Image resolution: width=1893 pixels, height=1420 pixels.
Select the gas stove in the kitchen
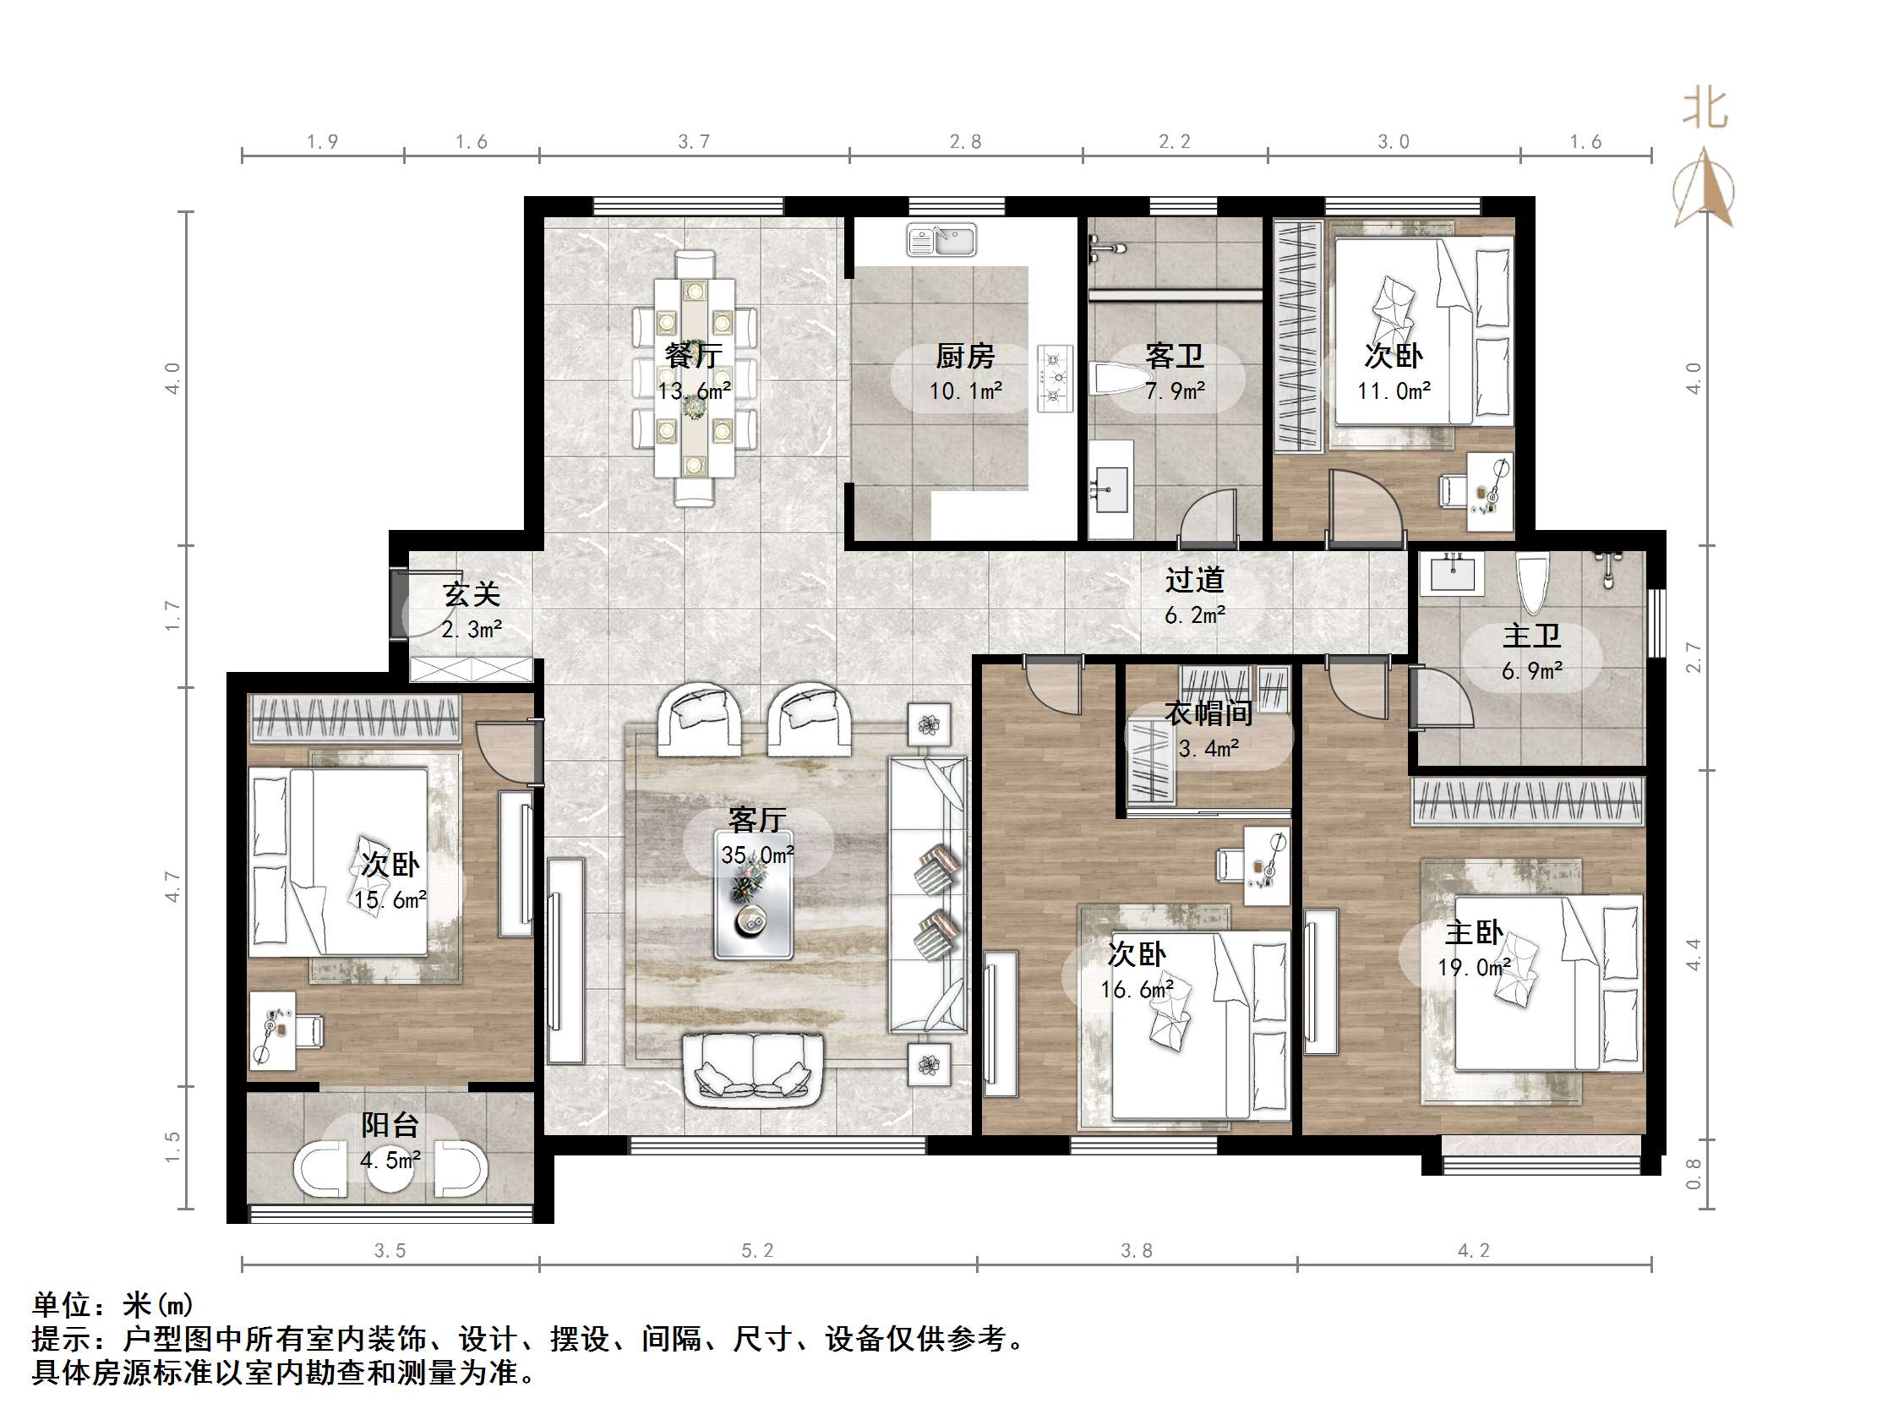coord(1055,378)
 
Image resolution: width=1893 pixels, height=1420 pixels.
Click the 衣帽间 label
coord(1208,713)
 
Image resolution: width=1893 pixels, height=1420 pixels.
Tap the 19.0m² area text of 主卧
coord(1474,968)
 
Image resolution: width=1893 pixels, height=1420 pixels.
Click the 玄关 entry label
coord(471,593)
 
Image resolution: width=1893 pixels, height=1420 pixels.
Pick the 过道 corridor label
coord(1194,580)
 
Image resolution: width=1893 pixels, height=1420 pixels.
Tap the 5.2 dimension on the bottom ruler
coord(756,1250)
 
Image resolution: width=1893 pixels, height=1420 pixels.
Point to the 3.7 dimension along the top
coord(693,142)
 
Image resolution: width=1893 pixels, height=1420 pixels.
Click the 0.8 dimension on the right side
coord(1693,1173)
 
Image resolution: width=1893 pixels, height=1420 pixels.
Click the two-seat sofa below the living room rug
coord(753,1070)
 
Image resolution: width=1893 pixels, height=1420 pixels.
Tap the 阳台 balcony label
coord(390,1125)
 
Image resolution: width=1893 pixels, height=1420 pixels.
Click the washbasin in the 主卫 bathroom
coord(1452,571)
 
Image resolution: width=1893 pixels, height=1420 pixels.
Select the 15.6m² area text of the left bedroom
coord(390,899)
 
